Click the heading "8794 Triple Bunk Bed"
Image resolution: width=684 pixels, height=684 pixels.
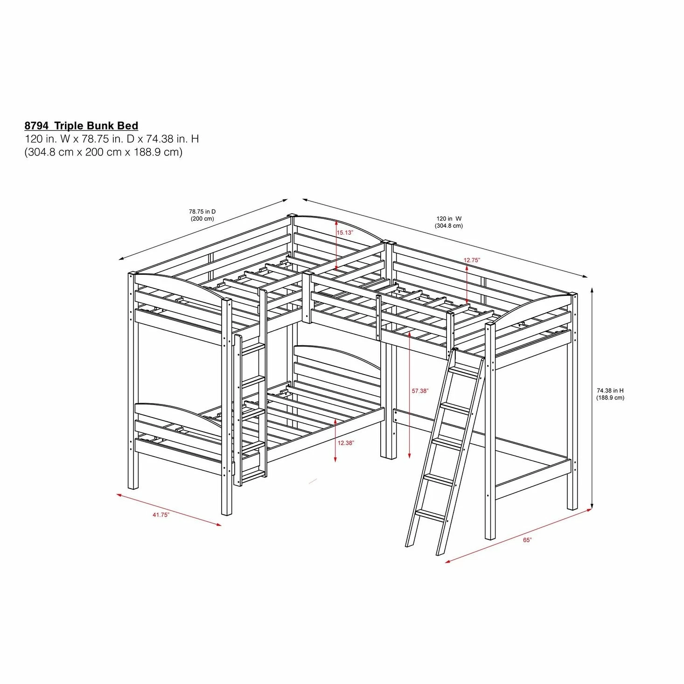(81, 126)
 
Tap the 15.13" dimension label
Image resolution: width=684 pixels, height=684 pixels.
(345, 232)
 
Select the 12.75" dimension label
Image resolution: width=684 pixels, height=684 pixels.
(472, 260)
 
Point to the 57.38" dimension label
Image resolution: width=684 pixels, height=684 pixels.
(420, 391)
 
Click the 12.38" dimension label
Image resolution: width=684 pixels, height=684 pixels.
(346, 443)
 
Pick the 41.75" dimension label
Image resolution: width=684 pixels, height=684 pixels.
(161, 515)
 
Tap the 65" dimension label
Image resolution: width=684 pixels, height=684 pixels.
(527, 540)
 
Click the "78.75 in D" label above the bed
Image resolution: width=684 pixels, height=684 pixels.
(202, 212)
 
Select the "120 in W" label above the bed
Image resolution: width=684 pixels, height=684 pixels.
(449, 218)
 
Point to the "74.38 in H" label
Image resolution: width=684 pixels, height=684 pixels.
(610, 391)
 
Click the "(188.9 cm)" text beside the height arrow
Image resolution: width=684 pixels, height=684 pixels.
(610, 398)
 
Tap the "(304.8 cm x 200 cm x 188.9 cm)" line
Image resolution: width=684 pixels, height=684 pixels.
(103, 152)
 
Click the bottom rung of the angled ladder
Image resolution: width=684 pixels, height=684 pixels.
(430, 514)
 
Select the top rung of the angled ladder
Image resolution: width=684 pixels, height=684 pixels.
(464, 372)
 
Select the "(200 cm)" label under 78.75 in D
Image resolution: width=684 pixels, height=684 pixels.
(202, 219)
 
